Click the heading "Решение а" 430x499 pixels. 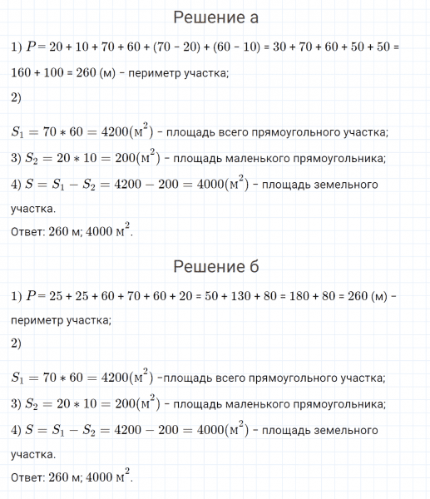coord(215,18)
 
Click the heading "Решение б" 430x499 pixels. coord(215,266)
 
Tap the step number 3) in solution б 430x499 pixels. coord(17,405)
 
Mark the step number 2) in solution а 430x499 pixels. coord(17,98)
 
